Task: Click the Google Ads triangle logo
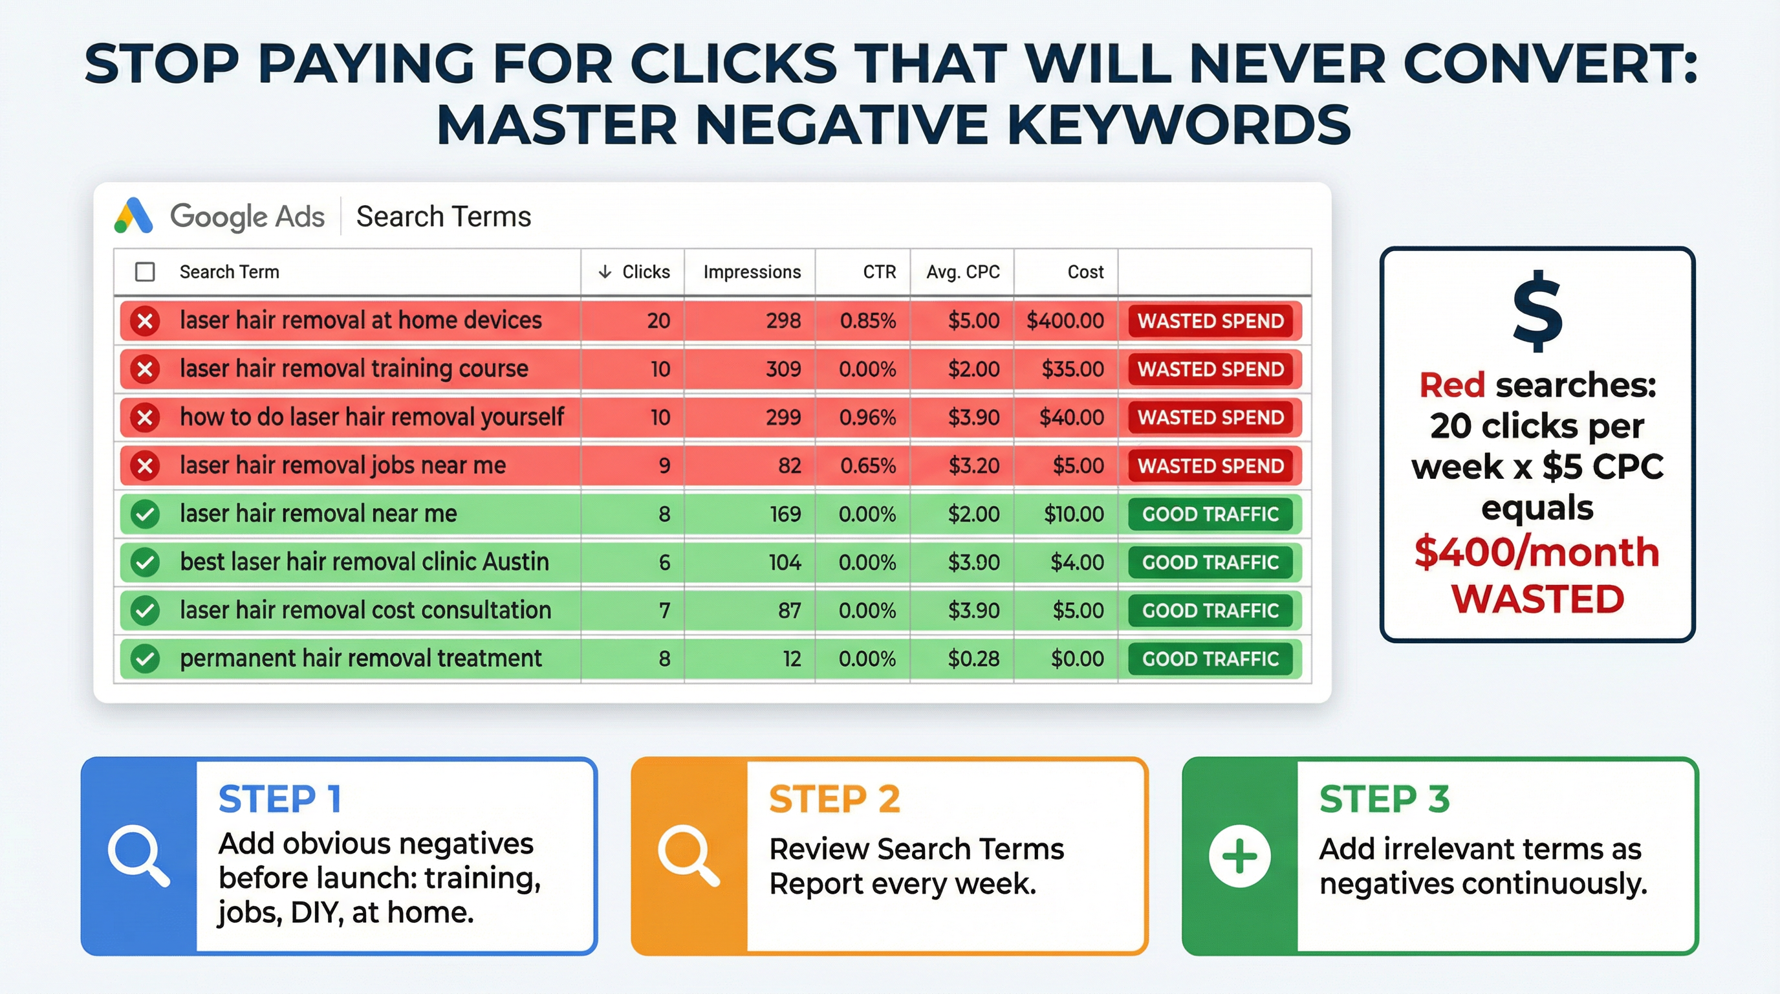(x=133, y=215)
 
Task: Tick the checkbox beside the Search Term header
(x=144, y=272)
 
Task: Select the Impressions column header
(x=752, y=272)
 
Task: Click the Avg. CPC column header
(x=962, y=272)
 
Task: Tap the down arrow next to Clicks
(x=605, y=272)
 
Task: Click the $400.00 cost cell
(x=1065, y=321)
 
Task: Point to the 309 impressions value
(x=783, y=369)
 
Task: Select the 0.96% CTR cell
(x=867, y=417)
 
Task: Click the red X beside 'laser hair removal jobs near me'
(x=145, y=466)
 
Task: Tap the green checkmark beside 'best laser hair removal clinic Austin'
(x=145, y=562)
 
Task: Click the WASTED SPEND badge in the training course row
(x=1211, y=369)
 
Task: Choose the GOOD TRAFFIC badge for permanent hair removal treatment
(x=1210, y=659)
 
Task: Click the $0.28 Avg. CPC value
(x=973, y=659)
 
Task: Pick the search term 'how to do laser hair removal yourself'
(x=372, y=417)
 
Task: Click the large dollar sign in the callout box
(x=1537, y=311)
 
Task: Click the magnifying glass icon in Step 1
(x=138, y=856)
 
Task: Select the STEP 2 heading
(x=835, y=800)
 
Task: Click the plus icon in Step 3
(x=1240, y=856)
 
